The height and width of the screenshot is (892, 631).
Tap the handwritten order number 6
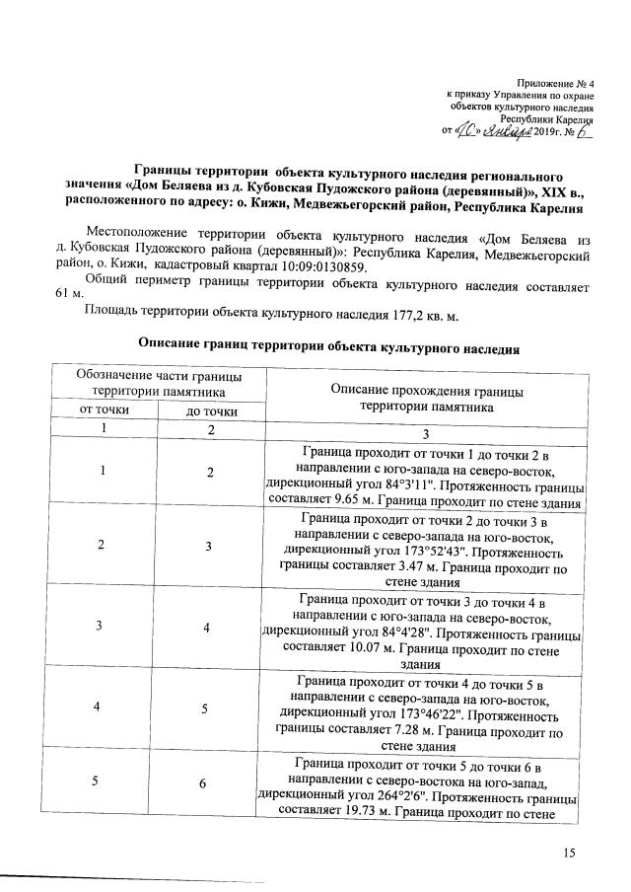584,131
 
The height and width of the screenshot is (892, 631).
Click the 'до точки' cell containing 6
210,783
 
